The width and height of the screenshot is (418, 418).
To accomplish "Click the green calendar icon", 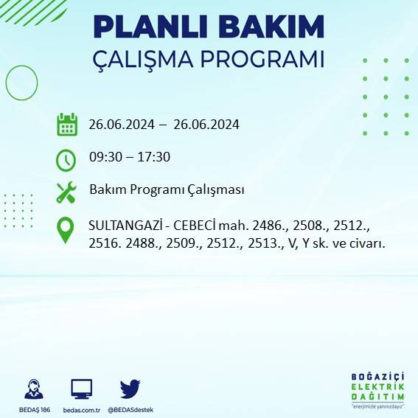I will [67, 125].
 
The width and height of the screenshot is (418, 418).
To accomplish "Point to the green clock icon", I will [66, 159].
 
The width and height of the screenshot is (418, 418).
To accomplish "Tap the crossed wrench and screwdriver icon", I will [66, 192].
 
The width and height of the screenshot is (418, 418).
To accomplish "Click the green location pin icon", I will [66, 229].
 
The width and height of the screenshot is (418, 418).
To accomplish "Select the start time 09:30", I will [105, 157].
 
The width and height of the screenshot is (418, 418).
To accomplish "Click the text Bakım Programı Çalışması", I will [167, 189].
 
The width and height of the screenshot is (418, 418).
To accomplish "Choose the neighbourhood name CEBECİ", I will [192, 224].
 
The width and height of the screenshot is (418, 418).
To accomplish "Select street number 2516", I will [104, 243].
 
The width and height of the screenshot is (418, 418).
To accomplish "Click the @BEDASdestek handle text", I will [130, 409].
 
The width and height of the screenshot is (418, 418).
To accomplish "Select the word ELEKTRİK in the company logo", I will [377, 386].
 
